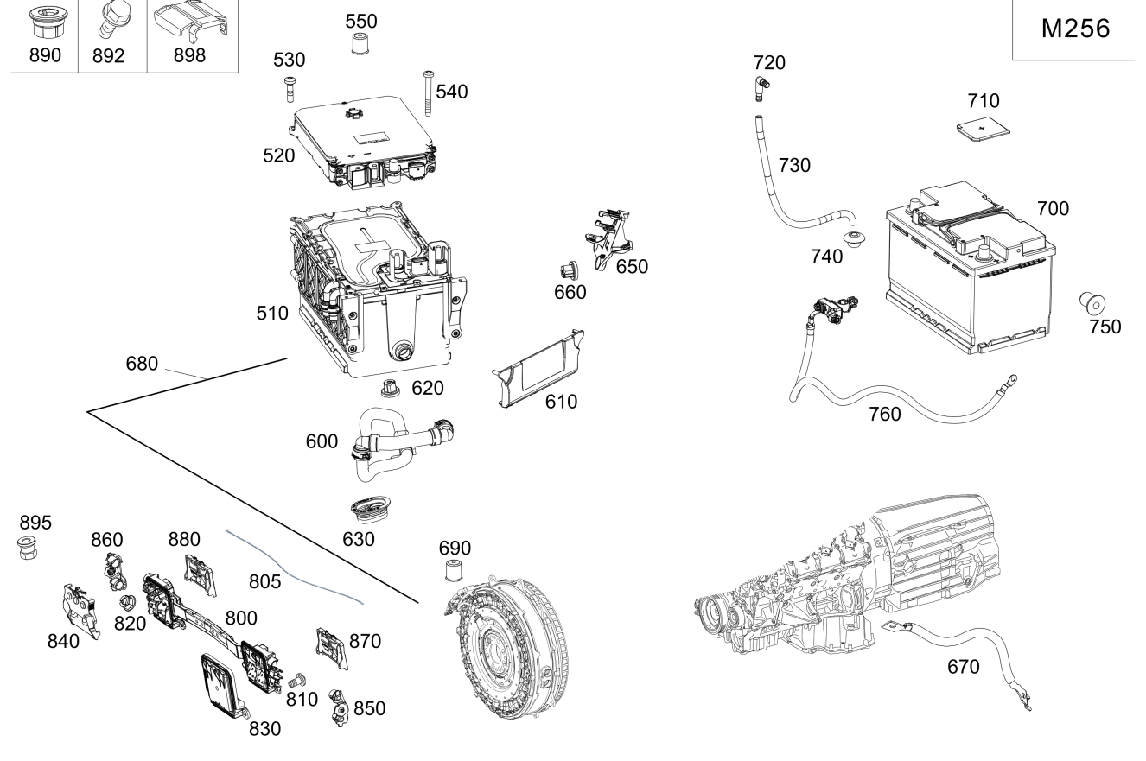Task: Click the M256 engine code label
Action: (1075, 29)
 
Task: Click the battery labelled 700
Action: (971, 268)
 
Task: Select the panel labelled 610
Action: (538, 371)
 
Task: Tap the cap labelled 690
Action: (450, 571)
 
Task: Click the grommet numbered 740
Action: (855, 239)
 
